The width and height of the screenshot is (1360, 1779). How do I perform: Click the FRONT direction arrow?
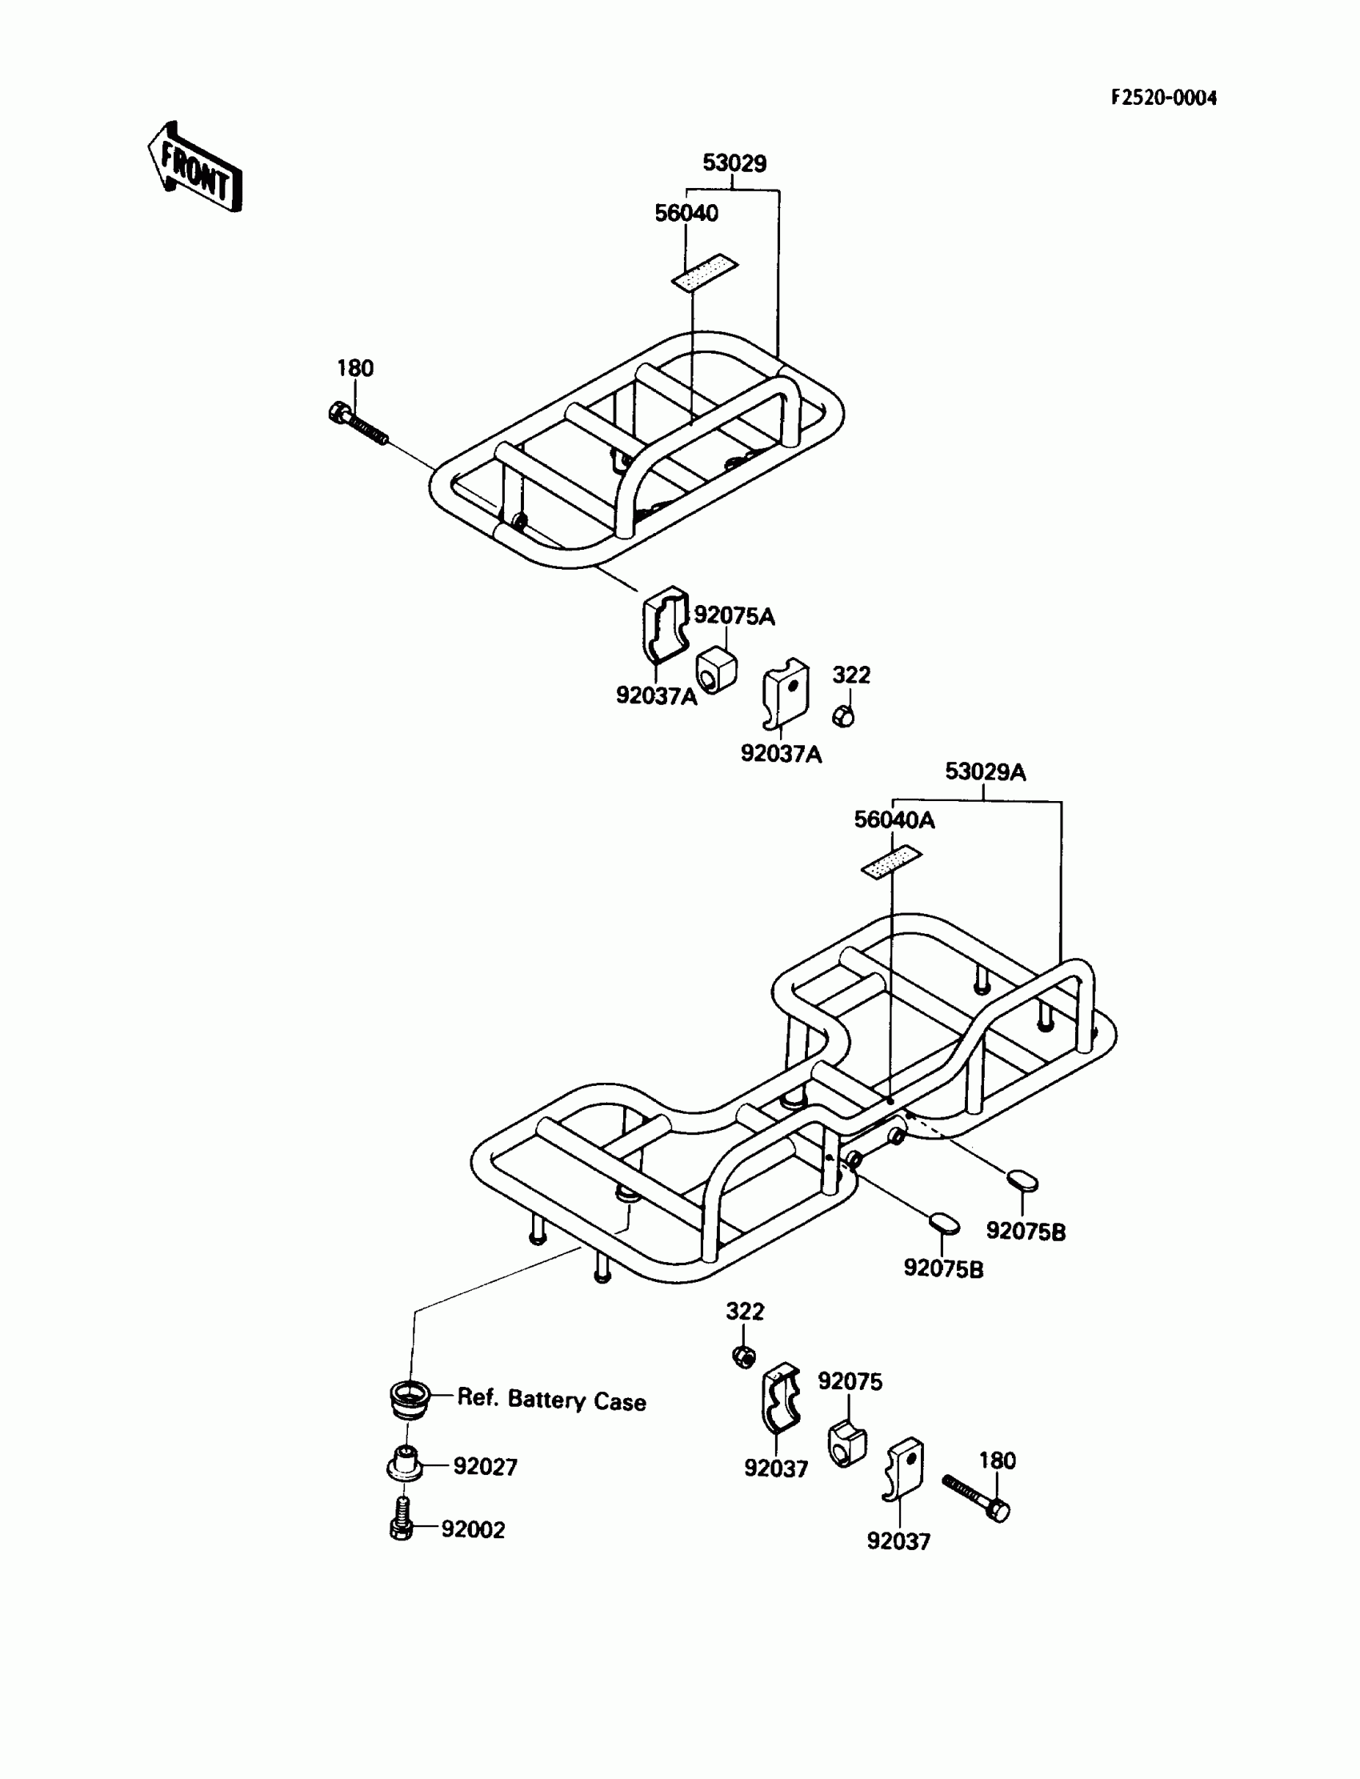click(x=195, y=167)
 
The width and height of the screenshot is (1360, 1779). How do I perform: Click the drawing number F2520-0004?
click(x=1163, y=98)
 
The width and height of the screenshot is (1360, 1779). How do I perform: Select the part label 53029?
click(x=734, y=163)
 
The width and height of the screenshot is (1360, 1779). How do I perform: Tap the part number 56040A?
click(x=894, y=820)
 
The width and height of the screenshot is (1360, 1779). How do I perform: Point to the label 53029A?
click(x=984, y=771)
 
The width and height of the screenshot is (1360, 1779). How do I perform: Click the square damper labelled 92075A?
click(x=716, y=669)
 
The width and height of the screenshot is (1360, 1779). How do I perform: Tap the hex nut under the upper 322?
click(x=843, y=715)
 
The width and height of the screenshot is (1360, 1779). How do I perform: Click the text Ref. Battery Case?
click(x=551, y=1400)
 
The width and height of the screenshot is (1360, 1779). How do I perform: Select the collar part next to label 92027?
click(x=405, y=1464)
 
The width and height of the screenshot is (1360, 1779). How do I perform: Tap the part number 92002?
click(x=473, y=1529)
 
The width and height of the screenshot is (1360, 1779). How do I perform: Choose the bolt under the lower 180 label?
click(x=976, y=1497)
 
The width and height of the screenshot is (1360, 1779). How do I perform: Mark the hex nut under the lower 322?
click(x=744, y=1356)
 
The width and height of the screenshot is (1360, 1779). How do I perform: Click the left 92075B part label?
click(x=943, y=1269)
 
